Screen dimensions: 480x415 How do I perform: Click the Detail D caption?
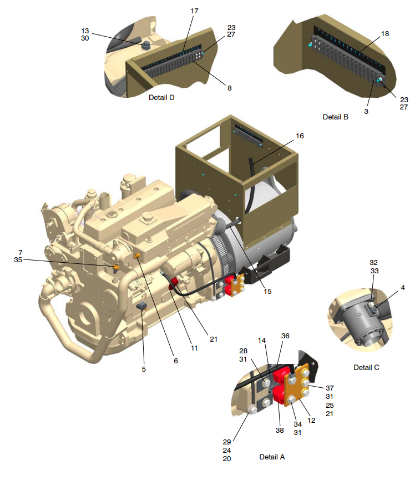coord(161,97)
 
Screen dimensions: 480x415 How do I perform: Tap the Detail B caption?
coord(335,117)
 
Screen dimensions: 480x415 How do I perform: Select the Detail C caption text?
coord(366,367)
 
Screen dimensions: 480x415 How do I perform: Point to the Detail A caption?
coord(272,457)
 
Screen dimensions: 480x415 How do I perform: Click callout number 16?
coord(300,136)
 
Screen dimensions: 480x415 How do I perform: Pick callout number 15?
coord(268,291)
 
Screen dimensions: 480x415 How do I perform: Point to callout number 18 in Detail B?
coord(385,34)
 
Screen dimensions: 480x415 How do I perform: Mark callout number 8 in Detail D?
coord(229,87)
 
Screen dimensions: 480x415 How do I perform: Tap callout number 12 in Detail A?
coord(311,421)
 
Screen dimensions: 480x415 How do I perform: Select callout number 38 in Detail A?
coord(279,430)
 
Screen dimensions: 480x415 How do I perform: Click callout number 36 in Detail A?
coord(285,336)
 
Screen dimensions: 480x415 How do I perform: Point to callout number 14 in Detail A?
coord(261,339)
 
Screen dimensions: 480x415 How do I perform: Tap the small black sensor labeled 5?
coord(141,307)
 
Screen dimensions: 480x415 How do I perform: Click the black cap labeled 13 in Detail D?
coord(147,46)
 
